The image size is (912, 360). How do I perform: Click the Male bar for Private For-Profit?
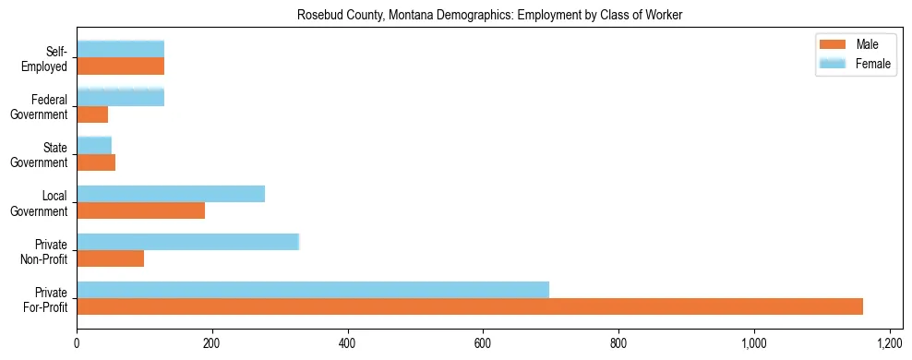click(x=470, y=306)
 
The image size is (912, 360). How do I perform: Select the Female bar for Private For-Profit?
click(x=313, y=290)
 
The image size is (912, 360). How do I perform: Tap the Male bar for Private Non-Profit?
click(x=111, y=258)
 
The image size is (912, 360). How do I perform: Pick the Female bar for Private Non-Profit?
click(x=188, y=242)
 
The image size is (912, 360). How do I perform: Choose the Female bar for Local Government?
click(x=171, y=194)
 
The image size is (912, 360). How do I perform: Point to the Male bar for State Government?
click(x=96, y=162)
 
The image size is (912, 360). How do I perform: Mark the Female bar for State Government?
click(x=94, y=146)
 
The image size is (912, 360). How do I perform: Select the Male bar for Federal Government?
click(x=92, y=114)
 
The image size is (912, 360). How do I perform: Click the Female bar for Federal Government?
click(x=121, y=98)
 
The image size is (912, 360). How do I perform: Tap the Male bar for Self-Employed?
click(x=121, y=66)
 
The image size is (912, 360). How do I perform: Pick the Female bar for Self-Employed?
click(x=121, y=50)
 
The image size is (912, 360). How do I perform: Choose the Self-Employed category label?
click(x=51, y=58)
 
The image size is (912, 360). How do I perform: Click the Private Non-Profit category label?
click(x=51, y=250)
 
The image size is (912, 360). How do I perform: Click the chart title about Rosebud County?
click(x=489, y=16)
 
